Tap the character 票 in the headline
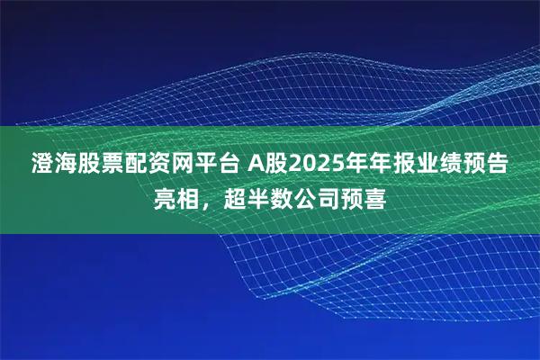pos(115,165)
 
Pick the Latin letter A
pos(256,165)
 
